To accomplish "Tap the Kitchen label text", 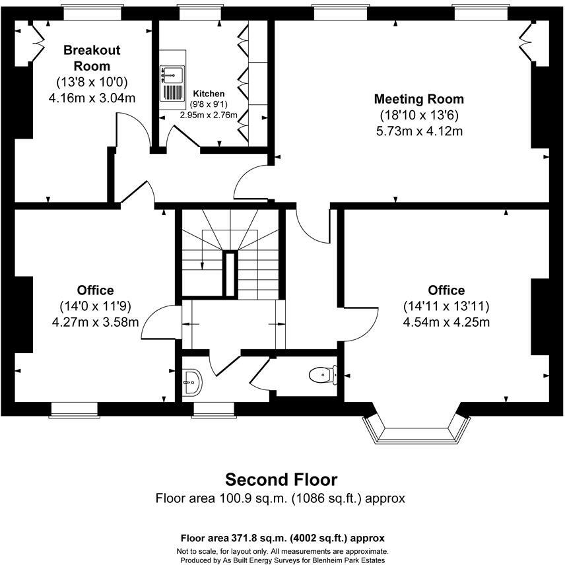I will point(209,94).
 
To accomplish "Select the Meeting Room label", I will point(418,99).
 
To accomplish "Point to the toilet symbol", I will point(321,375).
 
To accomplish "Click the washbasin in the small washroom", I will point(192,381).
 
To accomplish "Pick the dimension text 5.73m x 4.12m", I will point(418,131).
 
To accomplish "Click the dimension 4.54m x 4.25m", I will point(446,322).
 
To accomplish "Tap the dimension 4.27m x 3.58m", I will point(95,322).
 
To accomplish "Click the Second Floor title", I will point(281,479).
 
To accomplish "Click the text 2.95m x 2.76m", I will point(209,114).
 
